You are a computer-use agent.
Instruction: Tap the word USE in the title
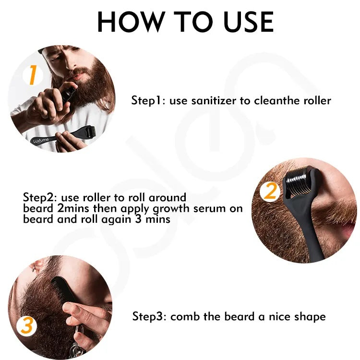[x=249, y=22]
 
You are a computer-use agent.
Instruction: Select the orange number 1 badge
[x=33, y=75]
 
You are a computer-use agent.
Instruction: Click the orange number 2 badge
[x=270, y=191]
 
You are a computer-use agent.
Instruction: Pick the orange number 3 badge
[x=26, y=326]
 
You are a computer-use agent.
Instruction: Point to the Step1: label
[x=148, y=101]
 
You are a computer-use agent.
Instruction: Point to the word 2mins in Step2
[x=73, y=208]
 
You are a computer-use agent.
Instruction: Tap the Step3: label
[x=149, y=317]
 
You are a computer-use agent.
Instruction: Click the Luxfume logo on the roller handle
[x=41, y=140]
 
